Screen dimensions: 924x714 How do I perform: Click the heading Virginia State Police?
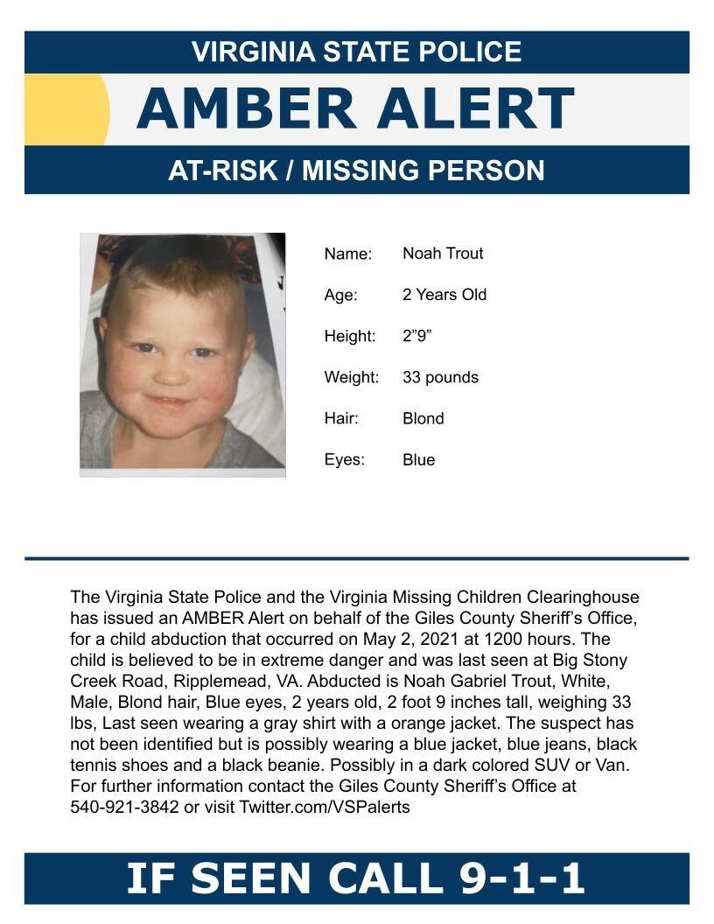point(356,52)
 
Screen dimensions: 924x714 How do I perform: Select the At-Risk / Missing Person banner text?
point(356,170)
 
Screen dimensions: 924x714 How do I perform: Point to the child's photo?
point(182,354)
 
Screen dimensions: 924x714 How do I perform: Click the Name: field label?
point(348,255)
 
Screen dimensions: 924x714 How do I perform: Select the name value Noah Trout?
point(443,254)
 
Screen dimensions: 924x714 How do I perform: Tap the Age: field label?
point(341,296)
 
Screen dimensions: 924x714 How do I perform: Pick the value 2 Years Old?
point(444,295)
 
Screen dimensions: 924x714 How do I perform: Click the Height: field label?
point(350,337)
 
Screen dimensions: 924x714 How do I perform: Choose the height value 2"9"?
point(417,336)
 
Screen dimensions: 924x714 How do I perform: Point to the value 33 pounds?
point(440,377)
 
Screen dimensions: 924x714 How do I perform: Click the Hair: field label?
point(342,419)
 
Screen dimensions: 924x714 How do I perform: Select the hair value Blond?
point(423,418)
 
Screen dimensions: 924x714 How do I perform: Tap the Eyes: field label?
point(345,460)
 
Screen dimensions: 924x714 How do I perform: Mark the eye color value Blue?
point(418,459)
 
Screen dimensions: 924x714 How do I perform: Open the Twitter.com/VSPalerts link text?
point(325,807)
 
